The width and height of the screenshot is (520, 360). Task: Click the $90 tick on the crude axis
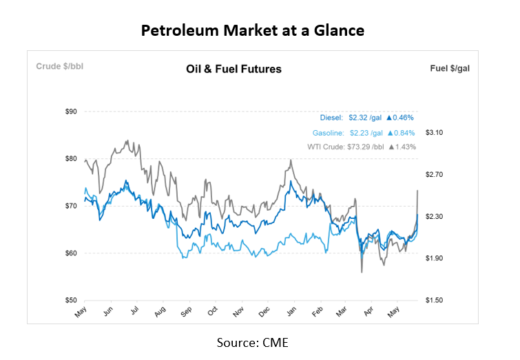click(x=70, y=111)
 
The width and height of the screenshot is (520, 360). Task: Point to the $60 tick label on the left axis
click(x=70, y=253)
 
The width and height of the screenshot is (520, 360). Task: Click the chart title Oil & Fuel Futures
click(x=233, y=69)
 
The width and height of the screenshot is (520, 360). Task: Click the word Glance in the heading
click(x=342, y=31)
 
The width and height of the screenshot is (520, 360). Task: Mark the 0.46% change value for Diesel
click(x=403, y=118)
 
